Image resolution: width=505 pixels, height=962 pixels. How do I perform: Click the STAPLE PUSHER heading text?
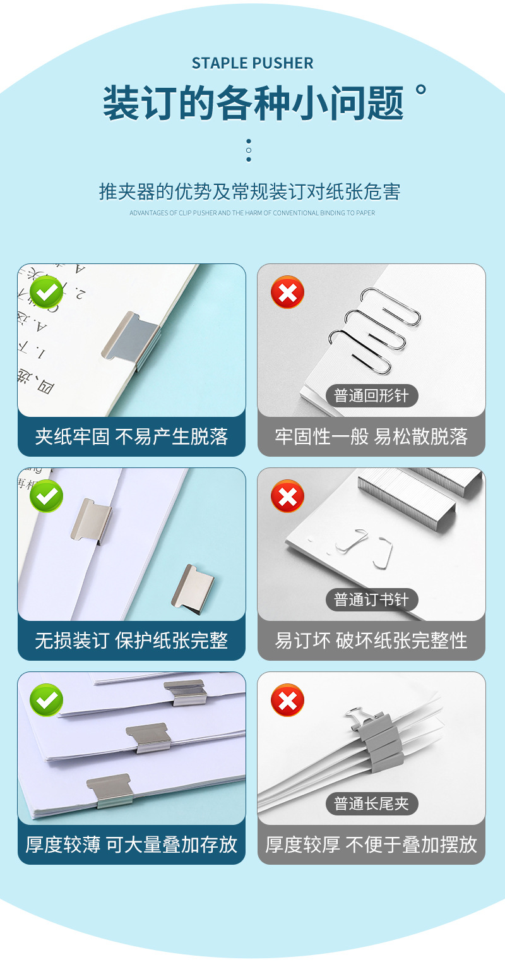[x=252, y=63]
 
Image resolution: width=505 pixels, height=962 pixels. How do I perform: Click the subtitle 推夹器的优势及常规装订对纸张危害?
[x=249, y=191]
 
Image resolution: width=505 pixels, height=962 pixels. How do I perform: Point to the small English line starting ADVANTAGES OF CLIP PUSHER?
[x=252, y=213]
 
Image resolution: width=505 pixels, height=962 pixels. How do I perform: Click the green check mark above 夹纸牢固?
[x=47, y=292]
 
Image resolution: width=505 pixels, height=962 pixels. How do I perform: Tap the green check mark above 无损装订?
[x=47, y=496]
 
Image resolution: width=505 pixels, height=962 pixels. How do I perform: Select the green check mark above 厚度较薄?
[x=47, y=700]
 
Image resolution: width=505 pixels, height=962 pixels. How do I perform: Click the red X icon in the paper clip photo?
[x=287, y=292]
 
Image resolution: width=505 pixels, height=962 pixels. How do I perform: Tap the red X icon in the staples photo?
[x=287, y=496]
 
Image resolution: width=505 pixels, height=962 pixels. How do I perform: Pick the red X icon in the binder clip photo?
[x=287, y=700]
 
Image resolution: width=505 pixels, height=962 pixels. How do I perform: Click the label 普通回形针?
[x=371, y=396]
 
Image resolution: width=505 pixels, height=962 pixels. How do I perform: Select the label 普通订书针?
[x=371, y=599]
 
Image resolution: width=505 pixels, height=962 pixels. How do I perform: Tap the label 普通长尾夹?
[x=371, y=803]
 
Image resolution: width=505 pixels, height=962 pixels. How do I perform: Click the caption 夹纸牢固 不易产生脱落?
[x=131, y=436]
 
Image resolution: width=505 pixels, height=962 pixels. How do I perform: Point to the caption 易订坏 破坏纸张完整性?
[x=371, y=640]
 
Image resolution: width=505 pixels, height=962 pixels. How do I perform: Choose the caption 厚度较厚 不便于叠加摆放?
[x=371, y=845]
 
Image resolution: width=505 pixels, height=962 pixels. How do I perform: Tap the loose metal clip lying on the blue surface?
[x=194, y=589]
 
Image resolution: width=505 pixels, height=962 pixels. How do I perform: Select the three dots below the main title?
[x=249, y=150]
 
